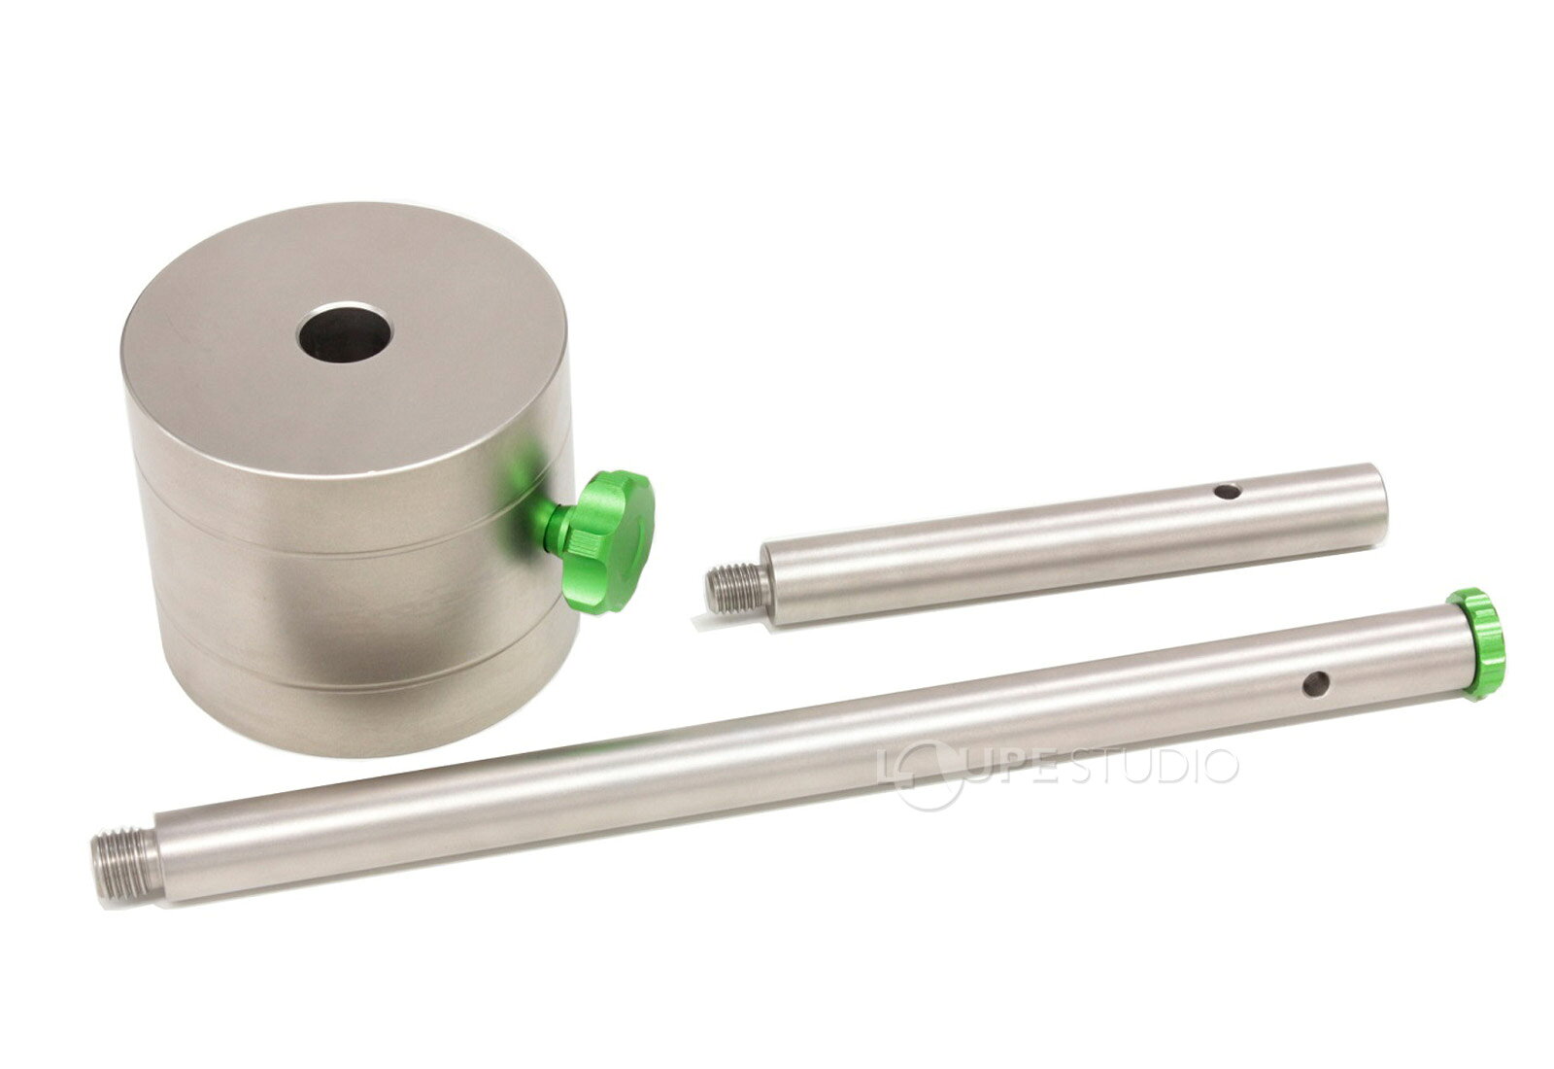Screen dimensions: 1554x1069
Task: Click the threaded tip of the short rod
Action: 735,589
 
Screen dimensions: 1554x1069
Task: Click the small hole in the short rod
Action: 1228,492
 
